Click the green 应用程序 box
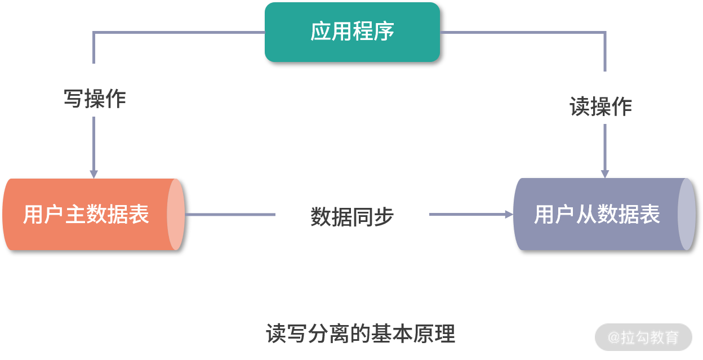352,32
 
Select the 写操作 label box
94,90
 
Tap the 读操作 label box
600,98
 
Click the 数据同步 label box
352,209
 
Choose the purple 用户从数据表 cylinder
597,214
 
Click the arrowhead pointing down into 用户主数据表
94,174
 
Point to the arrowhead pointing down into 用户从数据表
605,174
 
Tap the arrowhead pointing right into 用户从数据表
509,214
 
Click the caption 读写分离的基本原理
361,334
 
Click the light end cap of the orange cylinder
176,214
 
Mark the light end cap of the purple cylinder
686,214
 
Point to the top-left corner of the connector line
94,33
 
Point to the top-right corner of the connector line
605,33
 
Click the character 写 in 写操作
73,99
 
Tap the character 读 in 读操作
580,106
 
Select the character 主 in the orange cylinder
75,215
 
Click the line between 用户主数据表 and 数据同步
230,214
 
